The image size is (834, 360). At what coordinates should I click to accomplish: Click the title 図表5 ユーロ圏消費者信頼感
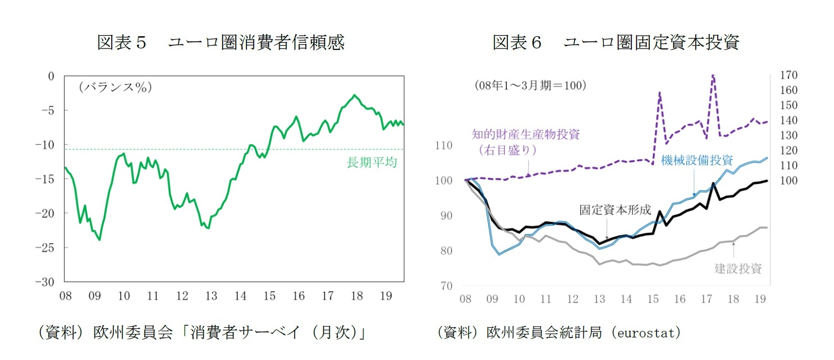click(220, 42)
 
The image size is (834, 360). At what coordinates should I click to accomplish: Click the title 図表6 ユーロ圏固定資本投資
click(616, 42)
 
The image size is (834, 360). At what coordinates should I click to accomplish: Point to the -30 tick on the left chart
click(44, 282)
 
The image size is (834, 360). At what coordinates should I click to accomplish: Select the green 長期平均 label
click(372, 162)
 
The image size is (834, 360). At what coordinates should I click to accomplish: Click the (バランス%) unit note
click(115, 87)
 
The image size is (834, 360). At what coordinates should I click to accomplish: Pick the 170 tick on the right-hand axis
click(789, 75)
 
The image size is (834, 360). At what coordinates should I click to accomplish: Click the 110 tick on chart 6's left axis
click(444, 146)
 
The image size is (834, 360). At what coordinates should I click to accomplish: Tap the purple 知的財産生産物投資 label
click(526, 135)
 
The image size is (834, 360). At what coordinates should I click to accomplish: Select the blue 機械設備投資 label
click(697, 160)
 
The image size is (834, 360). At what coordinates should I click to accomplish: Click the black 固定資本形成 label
click(615, 210)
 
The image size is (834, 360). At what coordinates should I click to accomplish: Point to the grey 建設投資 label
click(738, 269)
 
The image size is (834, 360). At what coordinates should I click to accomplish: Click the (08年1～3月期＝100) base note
click(530, 85)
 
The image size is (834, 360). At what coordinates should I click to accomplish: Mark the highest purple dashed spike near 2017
click(713, 77)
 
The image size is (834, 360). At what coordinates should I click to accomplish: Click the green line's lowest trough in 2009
click(100, 239)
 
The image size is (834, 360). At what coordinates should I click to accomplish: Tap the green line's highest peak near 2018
click(355, 95)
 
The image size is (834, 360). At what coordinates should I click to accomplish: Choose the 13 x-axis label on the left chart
click(211, 296)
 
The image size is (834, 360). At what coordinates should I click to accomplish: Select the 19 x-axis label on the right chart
click(760, 299)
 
